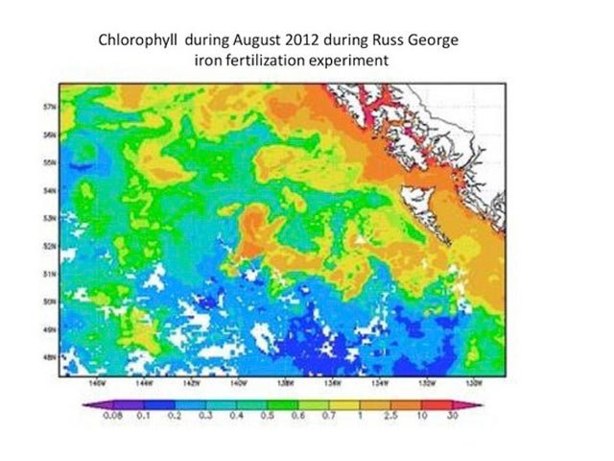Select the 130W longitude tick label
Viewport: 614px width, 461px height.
coord(474,381)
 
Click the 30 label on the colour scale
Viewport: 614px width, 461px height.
coord(451,418)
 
